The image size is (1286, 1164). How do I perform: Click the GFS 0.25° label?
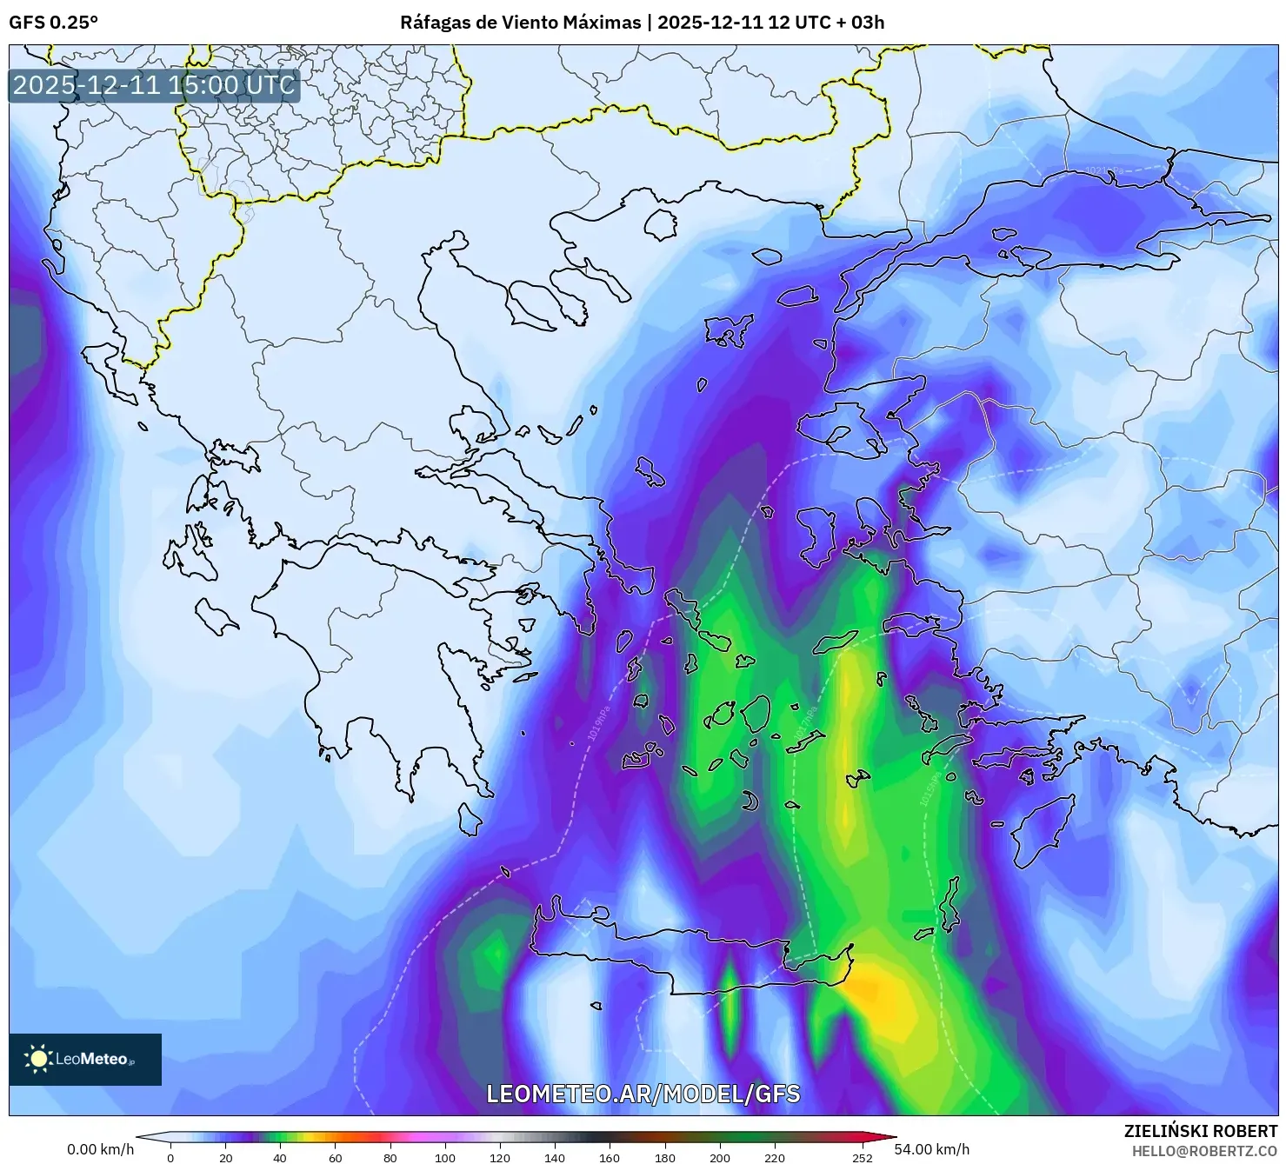(x=53, y=22)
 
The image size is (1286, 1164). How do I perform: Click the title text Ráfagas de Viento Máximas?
(x=519, y=22)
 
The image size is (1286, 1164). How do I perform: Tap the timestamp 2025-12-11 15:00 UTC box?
(x=154, y=85)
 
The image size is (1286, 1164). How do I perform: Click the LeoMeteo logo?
(x=85, y=1059)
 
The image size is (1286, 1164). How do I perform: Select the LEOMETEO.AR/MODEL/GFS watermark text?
(x=643, y=1094)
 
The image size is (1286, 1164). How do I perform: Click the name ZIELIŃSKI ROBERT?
(x=1200, y=1131)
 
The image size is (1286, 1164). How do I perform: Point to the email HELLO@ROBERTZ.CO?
(x=1204, y=1150)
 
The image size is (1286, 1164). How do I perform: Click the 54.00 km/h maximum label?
(x=931, y=1149)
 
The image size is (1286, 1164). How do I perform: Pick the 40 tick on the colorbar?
(x=280, y=1157)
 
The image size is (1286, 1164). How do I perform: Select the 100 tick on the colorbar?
(x=444, y=1157)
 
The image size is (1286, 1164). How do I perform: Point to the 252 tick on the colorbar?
(x=862, y=1157)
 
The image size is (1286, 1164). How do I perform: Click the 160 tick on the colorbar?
(x=610, y=1157)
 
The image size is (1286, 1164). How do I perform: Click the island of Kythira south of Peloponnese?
(x=470, y=820)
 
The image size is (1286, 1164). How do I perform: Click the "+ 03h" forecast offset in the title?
(x=857, y=22)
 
